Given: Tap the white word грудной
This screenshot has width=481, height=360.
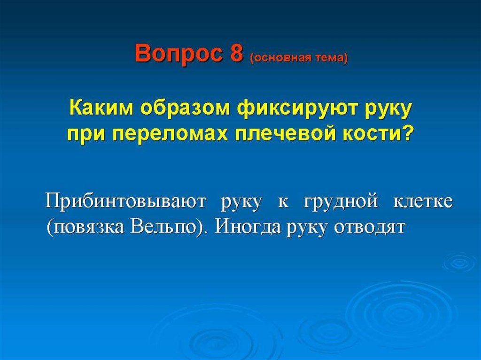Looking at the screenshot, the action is pyautogui.click(x=341, y=202).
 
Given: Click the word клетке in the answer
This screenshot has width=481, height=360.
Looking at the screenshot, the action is pyautogui.click(x=423, y=201).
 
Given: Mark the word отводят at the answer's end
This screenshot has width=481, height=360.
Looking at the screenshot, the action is pyautogui.click(x=370, y=228).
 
